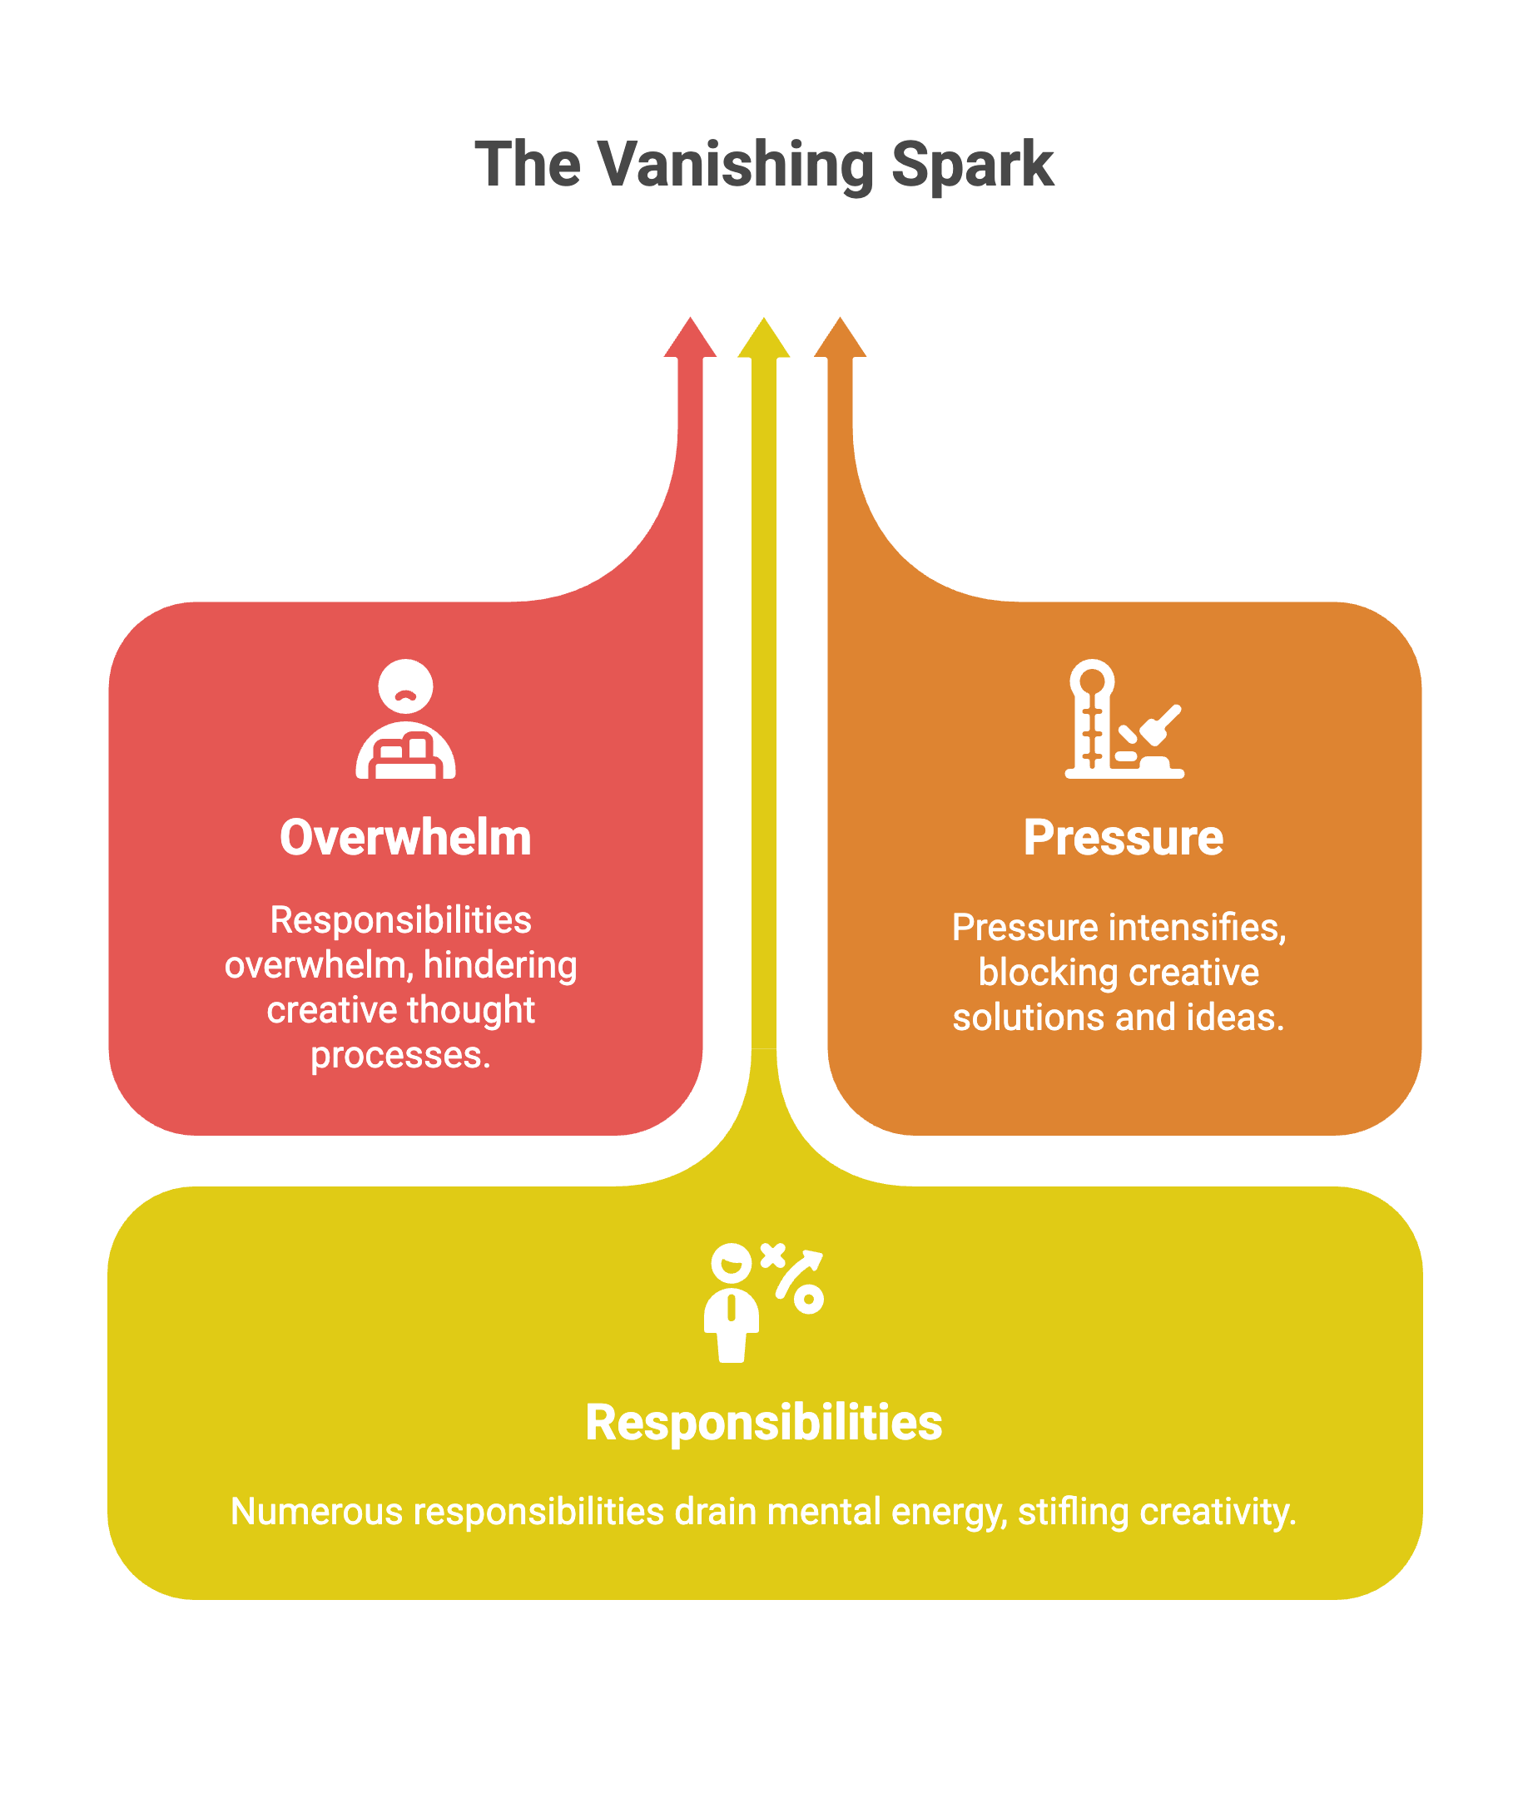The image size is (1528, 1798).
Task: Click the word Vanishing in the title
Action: point(736,165)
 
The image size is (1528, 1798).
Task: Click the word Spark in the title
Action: point(972,165)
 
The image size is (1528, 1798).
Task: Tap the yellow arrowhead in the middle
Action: point(763,338)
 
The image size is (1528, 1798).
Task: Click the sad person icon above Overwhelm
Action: point(405,719)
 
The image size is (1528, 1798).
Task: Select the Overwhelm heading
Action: point(405,838)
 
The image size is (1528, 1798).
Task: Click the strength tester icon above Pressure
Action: point(1124,719)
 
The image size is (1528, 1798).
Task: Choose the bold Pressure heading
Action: point(1124,838)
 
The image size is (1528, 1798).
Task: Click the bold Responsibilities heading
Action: point(763,1422)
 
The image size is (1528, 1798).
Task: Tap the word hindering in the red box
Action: point(500,965)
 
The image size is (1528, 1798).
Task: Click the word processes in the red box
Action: point(400,1055)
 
